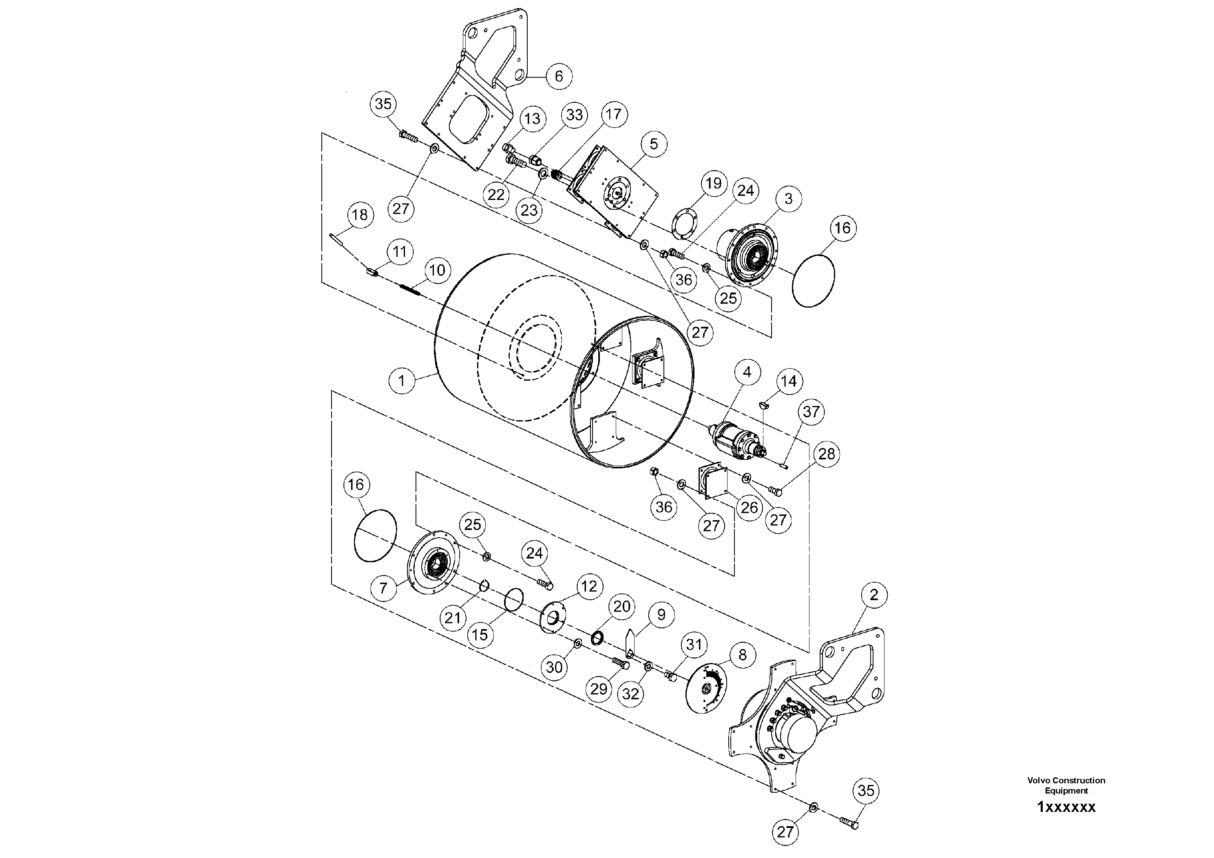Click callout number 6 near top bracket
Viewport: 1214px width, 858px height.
click(558, 76)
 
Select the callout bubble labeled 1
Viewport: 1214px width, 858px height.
click(402, 381)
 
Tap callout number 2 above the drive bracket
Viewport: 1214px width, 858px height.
click(873, 595)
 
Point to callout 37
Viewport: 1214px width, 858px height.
click(811, 412)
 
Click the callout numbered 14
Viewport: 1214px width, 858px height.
click(788, 381)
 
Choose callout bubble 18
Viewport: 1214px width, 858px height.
click(360, 215)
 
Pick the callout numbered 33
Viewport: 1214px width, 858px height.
click(574, 115)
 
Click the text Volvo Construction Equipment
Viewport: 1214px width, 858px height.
click(1066, 785)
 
